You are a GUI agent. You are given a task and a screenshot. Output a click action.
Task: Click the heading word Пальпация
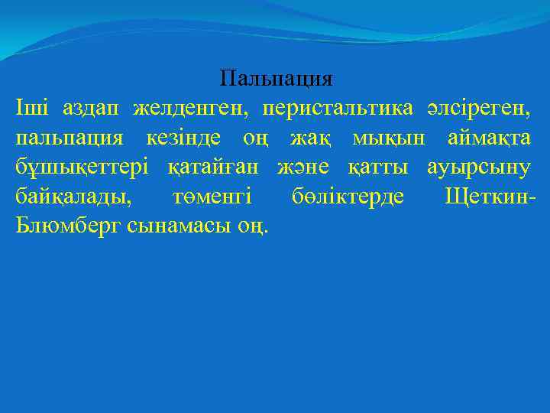(x=276, y=79)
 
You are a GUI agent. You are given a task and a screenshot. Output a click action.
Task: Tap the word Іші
(x=31, y=108)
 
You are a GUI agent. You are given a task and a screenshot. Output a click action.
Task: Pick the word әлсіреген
(x=480, y=108)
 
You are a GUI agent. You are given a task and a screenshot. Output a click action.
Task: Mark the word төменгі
(x=212, y=197)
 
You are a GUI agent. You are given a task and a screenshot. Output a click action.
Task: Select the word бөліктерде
(x=348, y=197)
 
